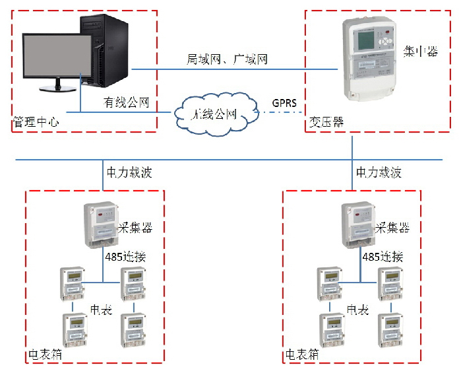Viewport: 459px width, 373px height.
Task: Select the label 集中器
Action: pos(420,52)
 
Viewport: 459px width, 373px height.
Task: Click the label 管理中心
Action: pos(36,122)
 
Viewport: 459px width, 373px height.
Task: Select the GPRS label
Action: pos(285,103)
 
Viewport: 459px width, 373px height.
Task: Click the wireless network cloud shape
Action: pos(214,114)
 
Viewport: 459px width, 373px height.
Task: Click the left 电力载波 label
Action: pos(129,173)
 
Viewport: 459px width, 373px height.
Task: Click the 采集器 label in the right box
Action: pos(392,228)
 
